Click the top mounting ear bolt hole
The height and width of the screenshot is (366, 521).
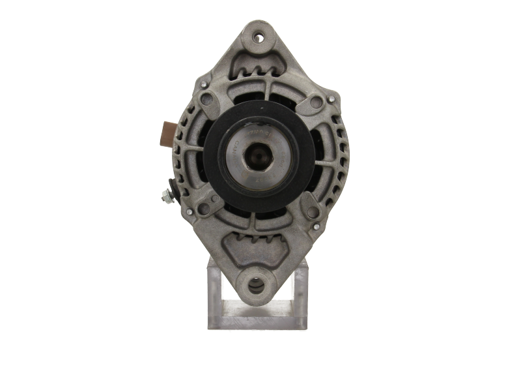[259, 37]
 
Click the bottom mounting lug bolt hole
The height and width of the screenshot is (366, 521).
[257, 285]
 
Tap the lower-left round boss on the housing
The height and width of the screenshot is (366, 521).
[204, 209]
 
